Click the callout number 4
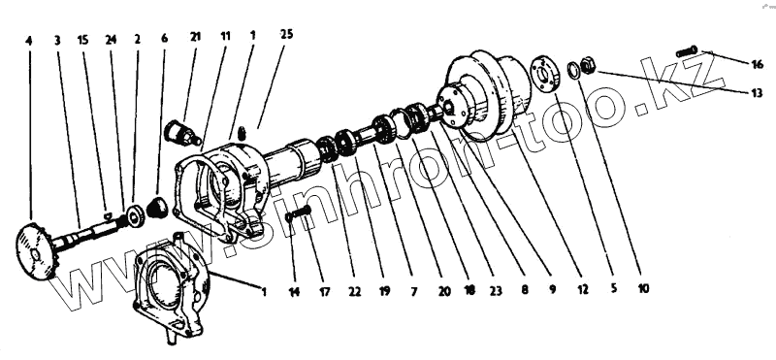(29, 41)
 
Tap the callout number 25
(286, 34)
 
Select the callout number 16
(758, 64)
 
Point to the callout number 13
(757, 92)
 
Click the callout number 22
(354, 292)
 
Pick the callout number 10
(642, 288)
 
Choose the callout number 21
(195, 38)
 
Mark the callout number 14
(294, 292)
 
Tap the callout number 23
(496, 291)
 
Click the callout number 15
(82, 40)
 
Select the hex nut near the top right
(588, 65)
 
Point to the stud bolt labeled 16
(687, 50)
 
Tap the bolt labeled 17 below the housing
(299, 213)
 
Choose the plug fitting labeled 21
(181, 132)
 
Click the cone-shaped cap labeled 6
(158, 207)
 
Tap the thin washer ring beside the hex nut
(574, 70)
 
